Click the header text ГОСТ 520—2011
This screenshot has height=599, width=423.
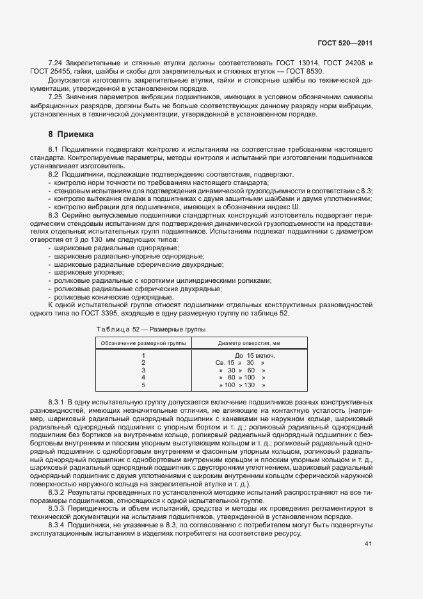click(x=345, y=44)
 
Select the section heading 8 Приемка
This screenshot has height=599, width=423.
click(x=71, y=134)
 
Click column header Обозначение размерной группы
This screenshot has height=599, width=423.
click(x=143, y=344)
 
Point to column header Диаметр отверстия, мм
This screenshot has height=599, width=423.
click(x=254, y=344)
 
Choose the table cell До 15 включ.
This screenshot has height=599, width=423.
click(x=255, y=355)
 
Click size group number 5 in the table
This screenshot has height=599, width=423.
click(x=143, y=385)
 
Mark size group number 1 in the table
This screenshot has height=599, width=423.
click(x=143, y=355)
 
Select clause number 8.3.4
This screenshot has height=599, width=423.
click(x=58, y=525)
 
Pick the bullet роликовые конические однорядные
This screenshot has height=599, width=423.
click(x=104, y=297)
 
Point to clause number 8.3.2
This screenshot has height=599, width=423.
click(x=58, y=492)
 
